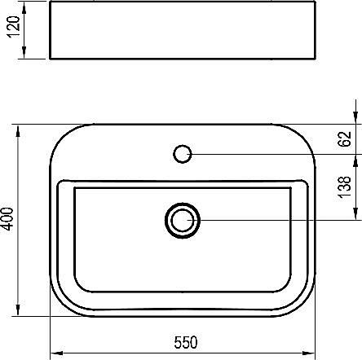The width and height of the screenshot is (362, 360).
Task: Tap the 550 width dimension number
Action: (x=183, y=342)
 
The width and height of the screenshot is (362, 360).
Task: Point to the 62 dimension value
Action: (x=347, y=138)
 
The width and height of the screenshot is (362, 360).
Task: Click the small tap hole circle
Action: (x=183, y=152)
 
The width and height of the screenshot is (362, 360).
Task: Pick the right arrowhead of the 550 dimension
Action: (x=310, y=353)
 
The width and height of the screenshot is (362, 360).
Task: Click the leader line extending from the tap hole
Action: (x=269, y=152)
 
